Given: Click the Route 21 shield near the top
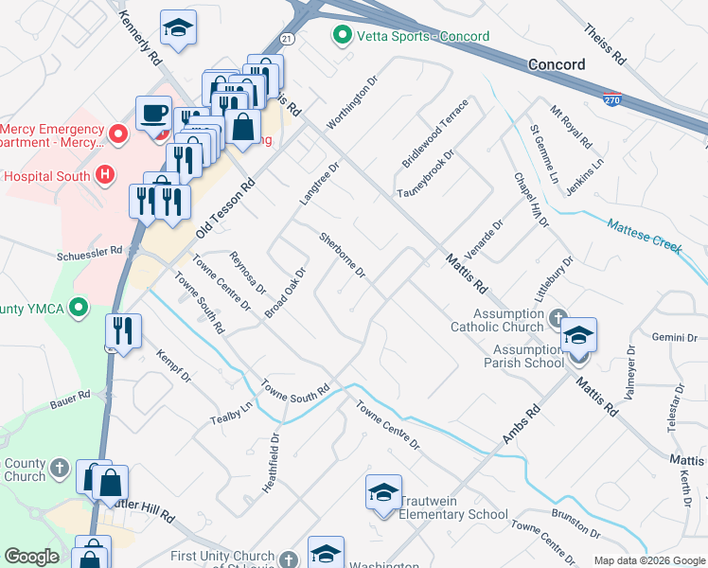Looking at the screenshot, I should click(x=288, y=38).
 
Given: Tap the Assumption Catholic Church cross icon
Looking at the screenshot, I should click(x=558, y=317).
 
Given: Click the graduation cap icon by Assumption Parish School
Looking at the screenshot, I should click(x=578, y=336).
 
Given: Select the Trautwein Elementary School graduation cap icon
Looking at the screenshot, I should click(x=383, y=493).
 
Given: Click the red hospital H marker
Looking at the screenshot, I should click(x=105, y=175).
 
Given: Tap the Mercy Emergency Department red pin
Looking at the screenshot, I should click(x=118, y=133).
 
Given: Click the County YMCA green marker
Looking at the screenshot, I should click(x=80, y=308).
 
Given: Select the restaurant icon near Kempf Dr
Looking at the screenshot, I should click(x=124, y=330).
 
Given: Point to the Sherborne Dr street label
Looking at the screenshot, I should click(x=343, y=256).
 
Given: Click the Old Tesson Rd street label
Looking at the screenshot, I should click(x=225, y=209).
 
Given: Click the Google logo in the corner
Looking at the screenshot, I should click(x=31, y=557).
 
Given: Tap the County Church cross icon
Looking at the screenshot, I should click(x=59, y=468).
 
